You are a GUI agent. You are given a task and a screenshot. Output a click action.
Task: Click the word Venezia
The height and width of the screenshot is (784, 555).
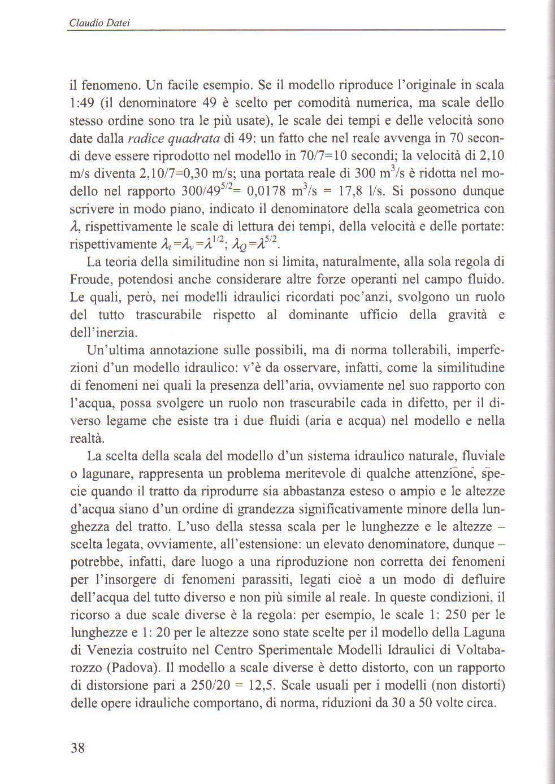click(x=95, y=650)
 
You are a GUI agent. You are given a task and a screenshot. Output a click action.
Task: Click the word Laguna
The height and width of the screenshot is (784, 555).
click(x=486, y=632)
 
